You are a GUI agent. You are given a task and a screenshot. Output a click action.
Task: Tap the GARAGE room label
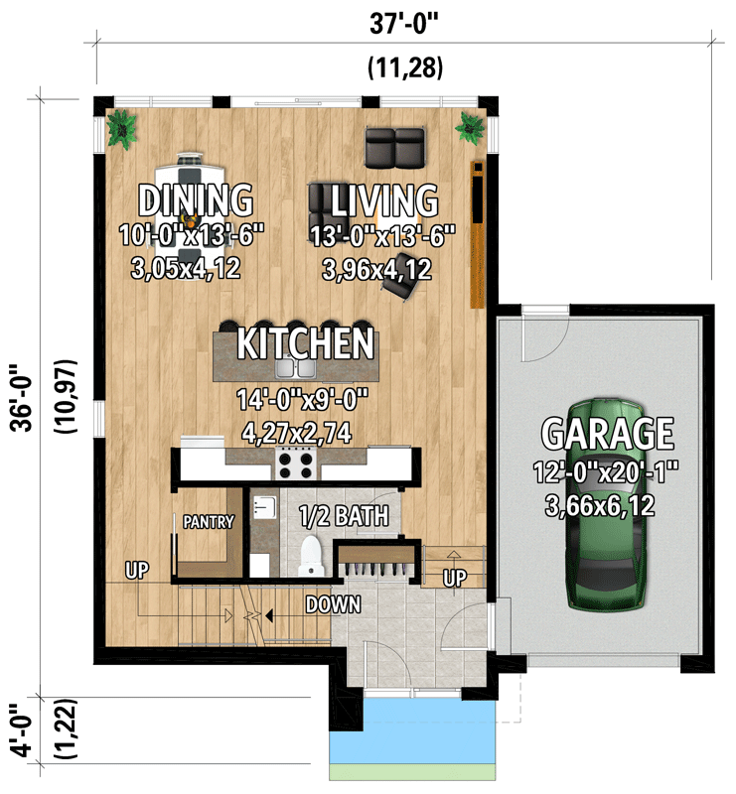click(607, 434)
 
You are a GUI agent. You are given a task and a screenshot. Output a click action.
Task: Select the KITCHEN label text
click(305, 344)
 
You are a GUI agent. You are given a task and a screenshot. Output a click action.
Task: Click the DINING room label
click(195, 199)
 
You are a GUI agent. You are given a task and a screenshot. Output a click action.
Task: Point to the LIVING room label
click(384, 199)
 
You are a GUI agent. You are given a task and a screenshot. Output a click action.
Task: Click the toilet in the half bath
click(310, 554)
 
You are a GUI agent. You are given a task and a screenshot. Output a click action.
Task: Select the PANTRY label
click(209, 522)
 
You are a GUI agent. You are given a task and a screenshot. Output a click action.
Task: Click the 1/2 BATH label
click(344, 516)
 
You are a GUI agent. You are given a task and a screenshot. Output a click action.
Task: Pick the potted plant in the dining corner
click(124, 129)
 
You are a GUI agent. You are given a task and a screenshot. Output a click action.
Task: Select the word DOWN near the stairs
click(333, 603)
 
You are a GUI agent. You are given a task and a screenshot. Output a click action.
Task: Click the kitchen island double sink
click(296, 368)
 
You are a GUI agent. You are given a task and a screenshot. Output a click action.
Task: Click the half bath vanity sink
click(261, 507)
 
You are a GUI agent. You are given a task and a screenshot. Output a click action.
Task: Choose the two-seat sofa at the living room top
click(394, 147)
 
